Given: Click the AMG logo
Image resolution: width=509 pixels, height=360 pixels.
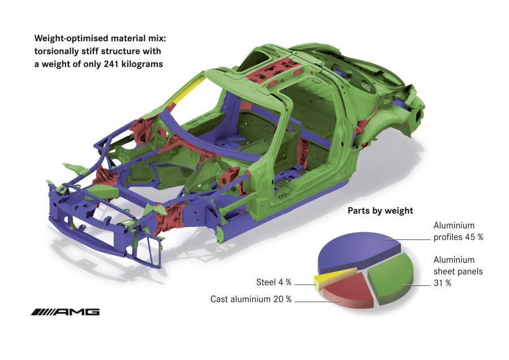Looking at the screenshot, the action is point(65,312).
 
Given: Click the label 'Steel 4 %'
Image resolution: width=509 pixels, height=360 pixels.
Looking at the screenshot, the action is point(274,282).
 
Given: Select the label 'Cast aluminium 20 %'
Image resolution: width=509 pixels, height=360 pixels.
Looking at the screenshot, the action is point(251,299).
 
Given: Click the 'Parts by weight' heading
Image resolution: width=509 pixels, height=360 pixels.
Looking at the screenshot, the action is point(380,211).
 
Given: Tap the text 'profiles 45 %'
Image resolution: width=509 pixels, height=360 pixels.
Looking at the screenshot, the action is point(458,237).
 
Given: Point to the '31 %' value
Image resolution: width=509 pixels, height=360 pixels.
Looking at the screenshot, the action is point(442,283).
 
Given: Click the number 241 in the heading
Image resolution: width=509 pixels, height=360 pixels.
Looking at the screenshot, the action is point(111,64).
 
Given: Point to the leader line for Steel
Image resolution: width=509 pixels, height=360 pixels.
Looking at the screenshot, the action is point(305,285).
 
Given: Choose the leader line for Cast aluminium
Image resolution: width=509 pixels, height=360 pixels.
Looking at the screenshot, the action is point(317,302).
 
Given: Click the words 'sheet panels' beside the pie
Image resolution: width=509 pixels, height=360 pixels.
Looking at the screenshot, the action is point(458,271).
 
